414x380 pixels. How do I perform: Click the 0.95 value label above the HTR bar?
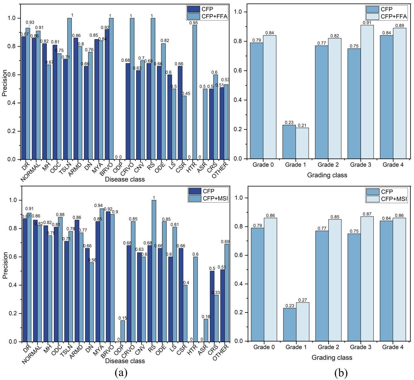click(x=194, y=23)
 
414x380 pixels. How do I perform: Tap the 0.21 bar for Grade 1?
click(x=302, y=143)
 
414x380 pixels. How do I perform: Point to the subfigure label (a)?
click(x=121, y=373)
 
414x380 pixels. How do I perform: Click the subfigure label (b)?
click(x=341, y=373)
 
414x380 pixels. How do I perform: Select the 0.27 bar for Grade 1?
click(x=303, y=322)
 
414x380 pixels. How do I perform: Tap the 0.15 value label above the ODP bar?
click(x=123, y=318)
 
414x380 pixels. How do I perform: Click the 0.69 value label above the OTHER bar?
click(x=225, y=242)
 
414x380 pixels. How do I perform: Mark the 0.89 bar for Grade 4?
click(x=400, y=93)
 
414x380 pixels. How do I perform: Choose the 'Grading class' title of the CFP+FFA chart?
click(x=327, y=175)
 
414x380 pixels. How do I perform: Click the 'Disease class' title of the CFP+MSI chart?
click(x=125, y=361)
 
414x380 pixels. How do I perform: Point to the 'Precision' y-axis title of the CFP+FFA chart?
click(x=5, y=83)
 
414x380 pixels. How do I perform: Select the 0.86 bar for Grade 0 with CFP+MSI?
click(x=270, y=279)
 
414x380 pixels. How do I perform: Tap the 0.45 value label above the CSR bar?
click(x=186, y=93)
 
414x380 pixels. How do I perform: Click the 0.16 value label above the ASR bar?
click(x=206, y=317)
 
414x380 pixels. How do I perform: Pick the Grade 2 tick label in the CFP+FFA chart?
click(x=328, y=165)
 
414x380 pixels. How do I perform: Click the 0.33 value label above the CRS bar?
click(x=216, y=292)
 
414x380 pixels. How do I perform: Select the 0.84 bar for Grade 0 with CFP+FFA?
click(x=269, y=97)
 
